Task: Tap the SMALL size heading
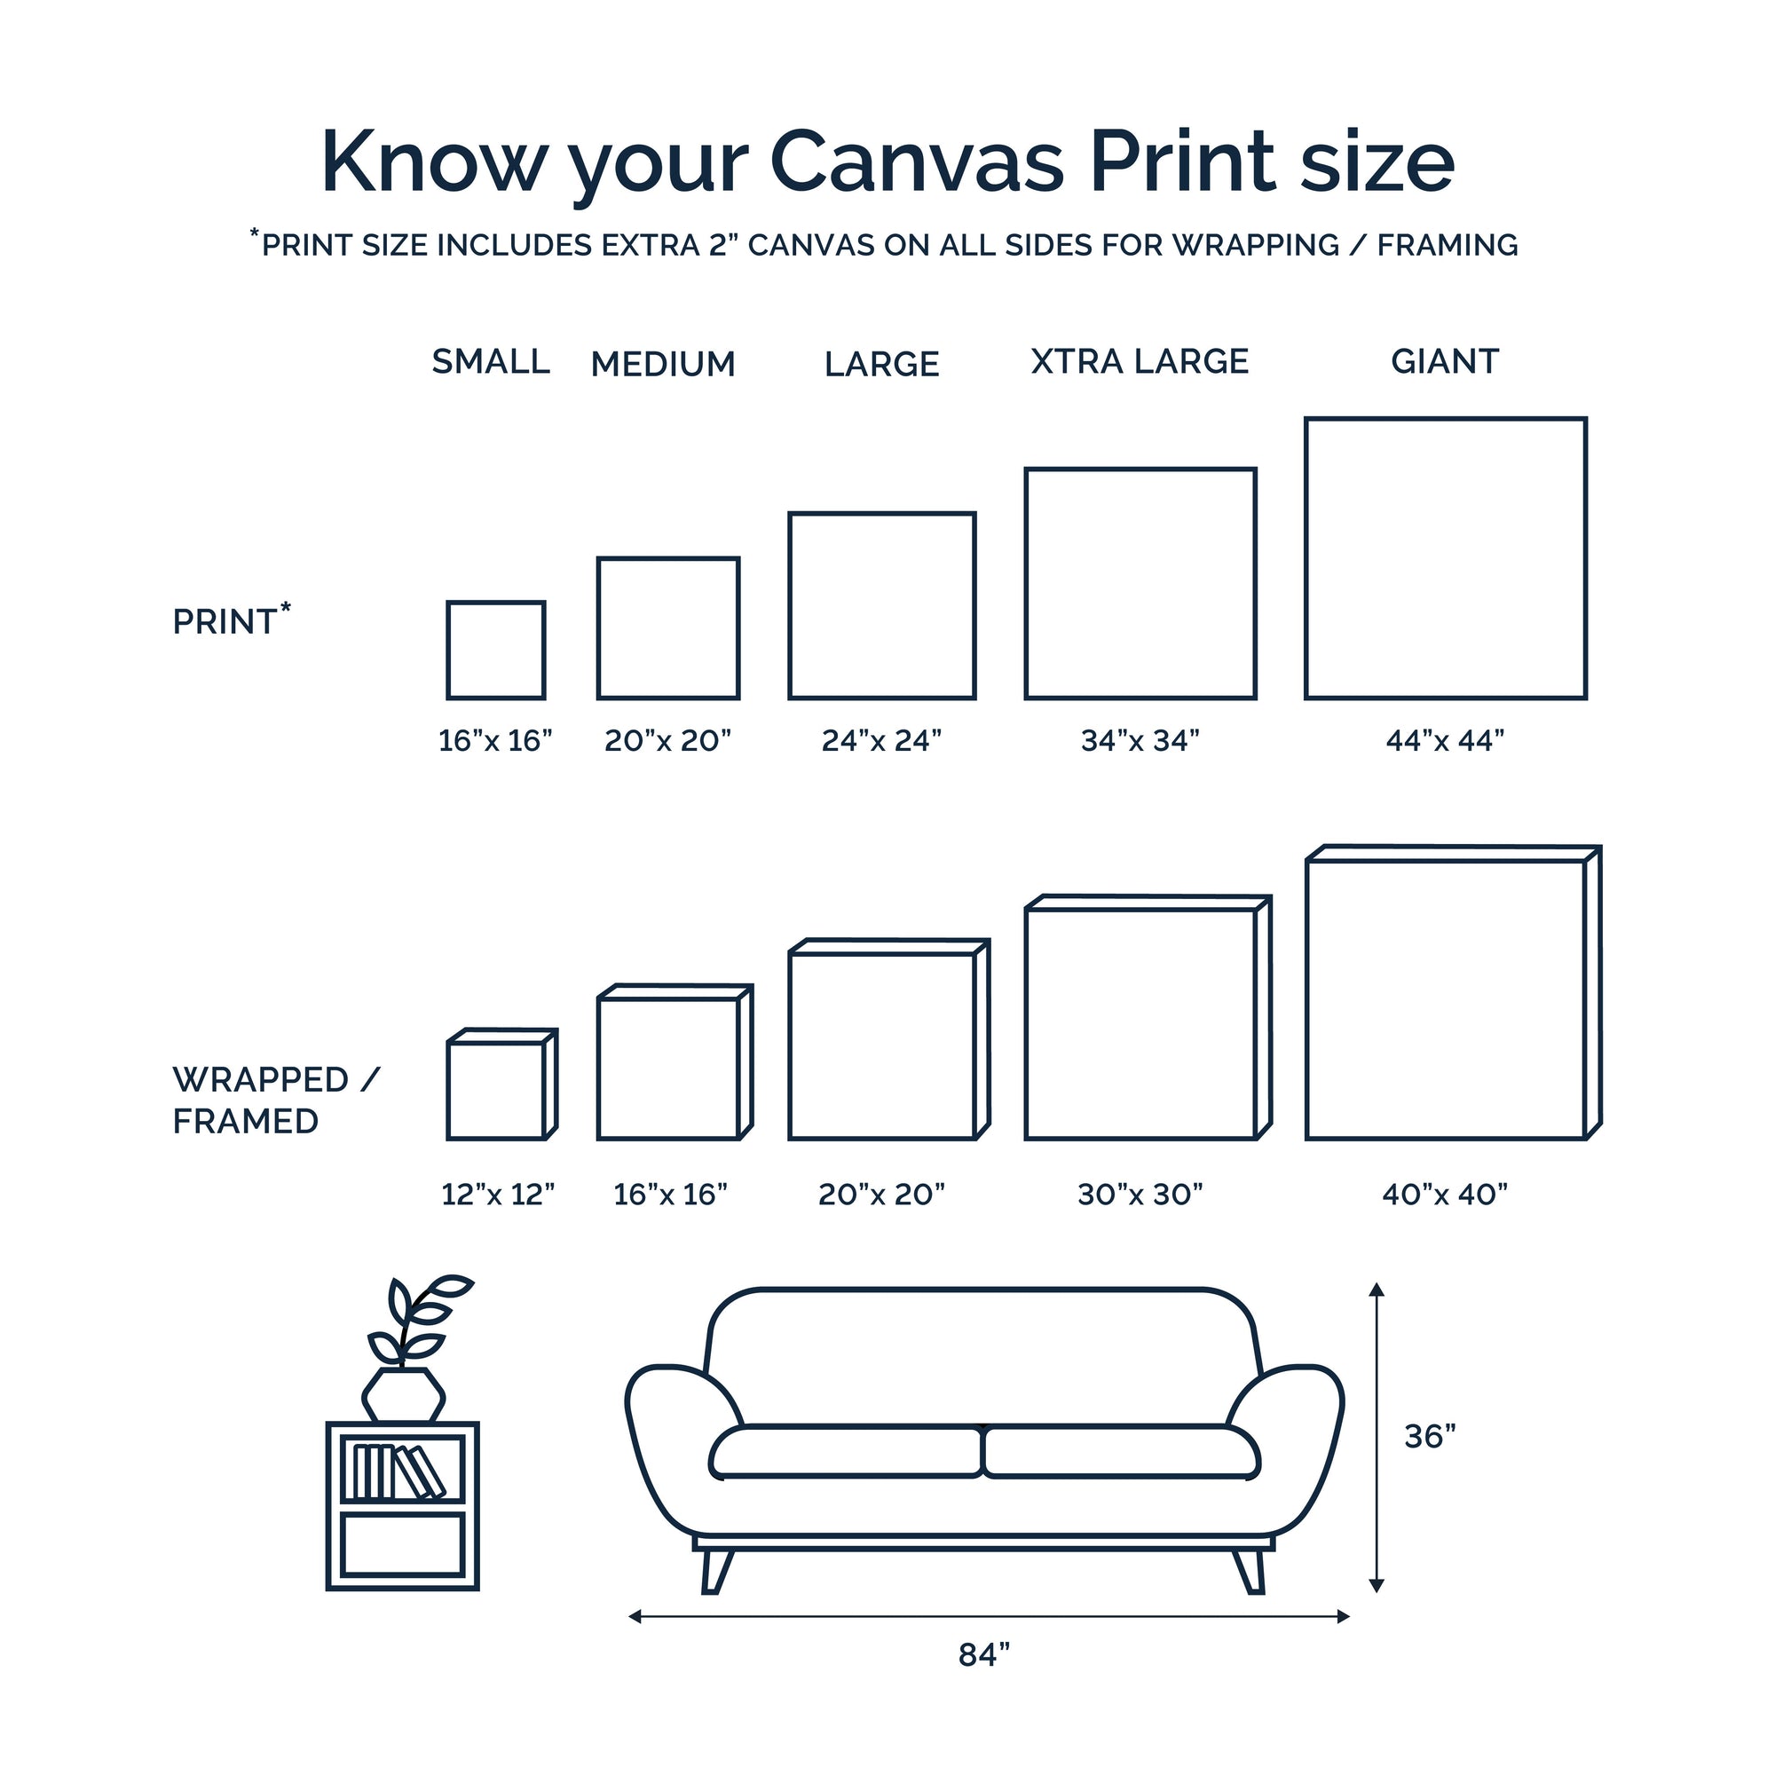click(x=492, y=362)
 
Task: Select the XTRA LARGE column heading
click(x=1140, y=362)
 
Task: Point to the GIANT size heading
click(x=1445, y=362)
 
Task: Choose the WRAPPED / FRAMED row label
click(x=276, y=1100)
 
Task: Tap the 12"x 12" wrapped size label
click(x=498, y=1195)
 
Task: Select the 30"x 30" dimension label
click(x=1140, y=1195)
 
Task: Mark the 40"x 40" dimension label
click(x=1445, y=1195)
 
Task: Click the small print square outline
click(x=447, y=651)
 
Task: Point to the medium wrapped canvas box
click(x=598, y=1066)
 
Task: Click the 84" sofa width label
click(x=984, y=1654)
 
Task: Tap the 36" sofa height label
click(x=1431, y=1436)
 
